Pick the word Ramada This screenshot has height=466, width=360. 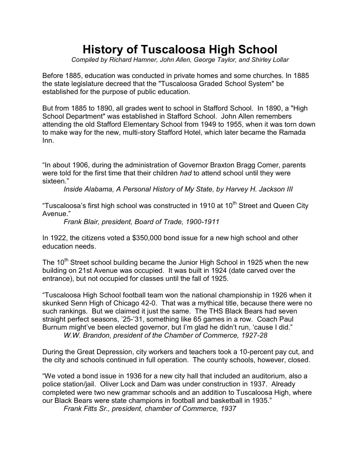292,132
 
